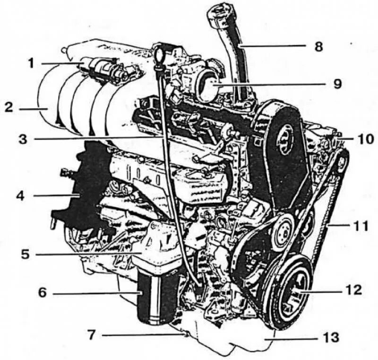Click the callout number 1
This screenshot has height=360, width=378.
(31, 63)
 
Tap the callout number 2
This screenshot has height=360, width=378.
(9, 107)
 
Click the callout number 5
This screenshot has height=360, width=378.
(25, 254)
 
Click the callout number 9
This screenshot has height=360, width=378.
(336, 84)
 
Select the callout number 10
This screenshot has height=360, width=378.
(365, 139)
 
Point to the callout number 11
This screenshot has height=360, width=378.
(360, 226)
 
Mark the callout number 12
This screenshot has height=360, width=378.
(354, 289)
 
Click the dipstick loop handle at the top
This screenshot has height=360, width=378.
(159, 49)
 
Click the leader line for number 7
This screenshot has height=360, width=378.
(142, 335)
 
